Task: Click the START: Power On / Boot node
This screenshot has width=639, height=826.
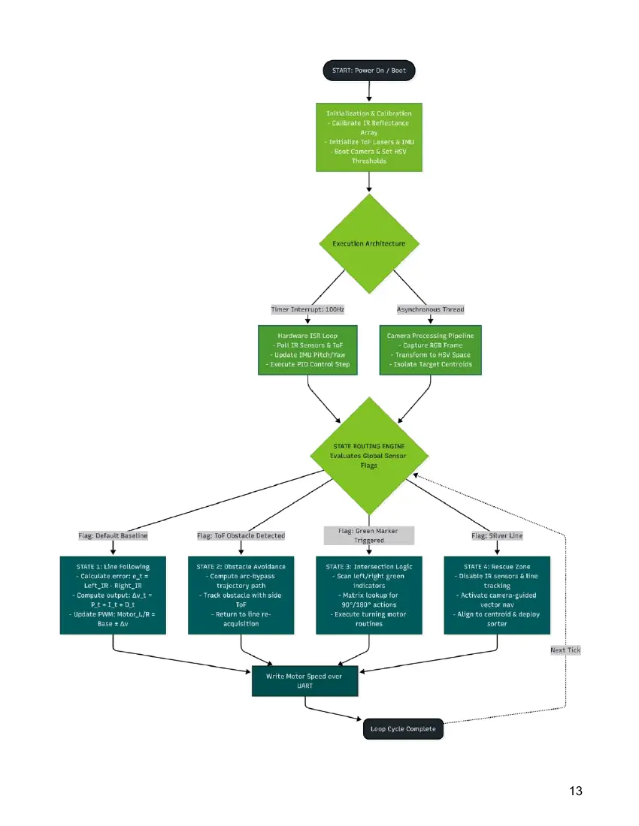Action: coord(369,71)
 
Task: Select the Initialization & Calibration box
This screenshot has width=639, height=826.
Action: coord(369,137)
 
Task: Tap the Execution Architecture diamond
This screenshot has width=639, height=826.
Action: coord(369,243)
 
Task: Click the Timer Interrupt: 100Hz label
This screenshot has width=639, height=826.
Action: coord(307,309)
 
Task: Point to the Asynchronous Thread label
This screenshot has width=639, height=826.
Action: coord(430,309)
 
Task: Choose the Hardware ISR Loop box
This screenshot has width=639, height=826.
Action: coord(308,350)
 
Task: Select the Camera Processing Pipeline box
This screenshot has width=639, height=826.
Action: coord(430,350)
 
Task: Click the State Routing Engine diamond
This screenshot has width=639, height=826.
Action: coord(369,456)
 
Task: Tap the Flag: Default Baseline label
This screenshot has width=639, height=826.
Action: coord(113,535)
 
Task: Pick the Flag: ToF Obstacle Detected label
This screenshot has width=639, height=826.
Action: coord(241,535)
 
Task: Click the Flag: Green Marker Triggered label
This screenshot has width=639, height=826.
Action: coord(369,535)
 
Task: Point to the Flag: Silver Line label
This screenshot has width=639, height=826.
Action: coord(497,535)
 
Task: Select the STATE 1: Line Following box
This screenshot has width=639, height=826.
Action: coord(113,595)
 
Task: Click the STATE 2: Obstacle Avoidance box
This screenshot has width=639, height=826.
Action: coord(241,595)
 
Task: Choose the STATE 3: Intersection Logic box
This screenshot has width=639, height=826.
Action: coord(369,595)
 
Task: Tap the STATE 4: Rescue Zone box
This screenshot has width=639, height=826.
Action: coord(497,595)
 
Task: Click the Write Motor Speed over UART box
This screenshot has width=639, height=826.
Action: coord(304,681)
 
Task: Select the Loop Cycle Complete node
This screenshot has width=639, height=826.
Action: coord(404,729)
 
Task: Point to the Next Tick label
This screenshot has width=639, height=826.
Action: coord(565,650)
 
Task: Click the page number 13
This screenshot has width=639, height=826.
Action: coord(576,791)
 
